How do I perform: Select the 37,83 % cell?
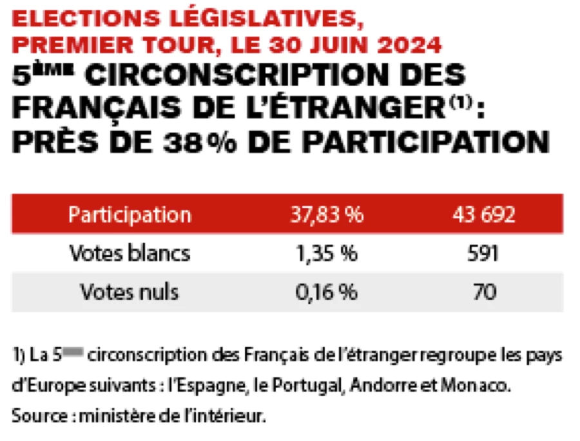[326, 214]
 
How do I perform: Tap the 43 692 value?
[483, 214]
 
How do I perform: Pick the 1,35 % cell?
[326, 253]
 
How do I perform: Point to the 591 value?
[483, 253]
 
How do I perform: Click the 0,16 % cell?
[326, 292]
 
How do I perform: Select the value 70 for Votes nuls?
[483, 292]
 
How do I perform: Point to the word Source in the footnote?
[34, 416]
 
